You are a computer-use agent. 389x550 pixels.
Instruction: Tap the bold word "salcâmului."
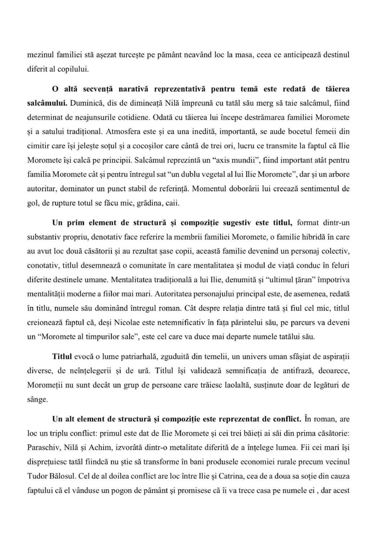pos(48,103)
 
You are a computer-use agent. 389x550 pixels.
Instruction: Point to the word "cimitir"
pos(38,146)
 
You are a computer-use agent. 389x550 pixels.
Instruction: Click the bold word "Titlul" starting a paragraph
pos(62,357)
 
